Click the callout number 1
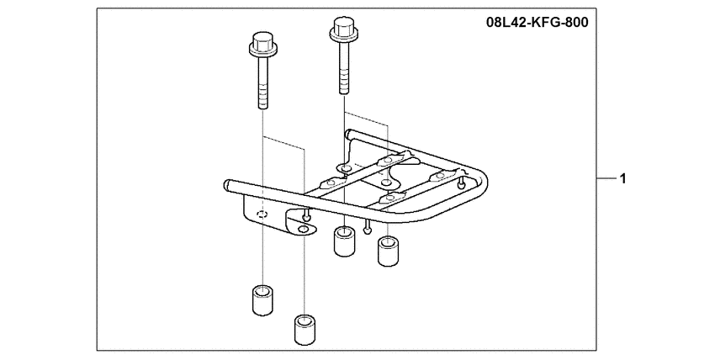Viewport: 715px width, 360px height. pos(622,178)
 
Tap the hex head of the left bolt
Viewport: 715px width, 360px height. pos(261,40)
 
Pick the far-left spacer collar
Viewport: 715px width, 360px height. pos(262,301)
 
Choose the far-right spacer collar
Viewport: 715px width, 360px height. pos(388,252)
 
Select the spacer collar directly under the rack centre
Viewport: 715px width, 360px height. pos(343,240)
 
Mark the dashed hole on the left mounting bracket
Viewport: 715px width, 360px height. pos(262,215)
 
